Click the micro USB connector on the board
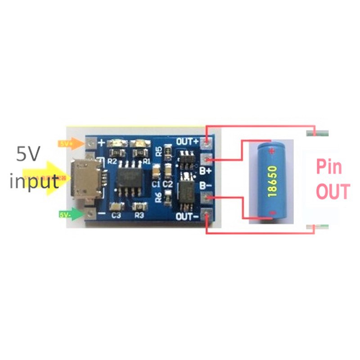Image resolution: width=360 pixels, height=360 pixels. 85,179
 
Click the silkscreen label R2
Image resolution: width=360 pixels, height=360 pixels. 113,161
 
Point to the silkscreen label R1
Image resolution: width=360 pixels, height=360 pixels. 146,161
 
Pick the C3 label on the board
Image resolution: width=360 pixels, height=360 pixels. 116,216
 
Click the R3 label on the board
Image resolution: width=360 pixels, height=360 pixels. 139,216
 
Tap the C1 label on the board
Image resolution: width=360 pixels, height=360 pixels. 156,184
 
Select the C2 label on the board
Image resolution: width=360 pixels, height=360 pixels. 168,184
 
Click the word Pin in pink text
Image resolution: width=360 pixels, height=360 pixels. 329,167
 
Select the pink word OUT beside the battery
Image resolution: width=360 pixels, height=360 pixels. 333,192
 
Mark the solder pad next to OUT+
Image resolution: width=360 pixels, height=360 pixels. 207,144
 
